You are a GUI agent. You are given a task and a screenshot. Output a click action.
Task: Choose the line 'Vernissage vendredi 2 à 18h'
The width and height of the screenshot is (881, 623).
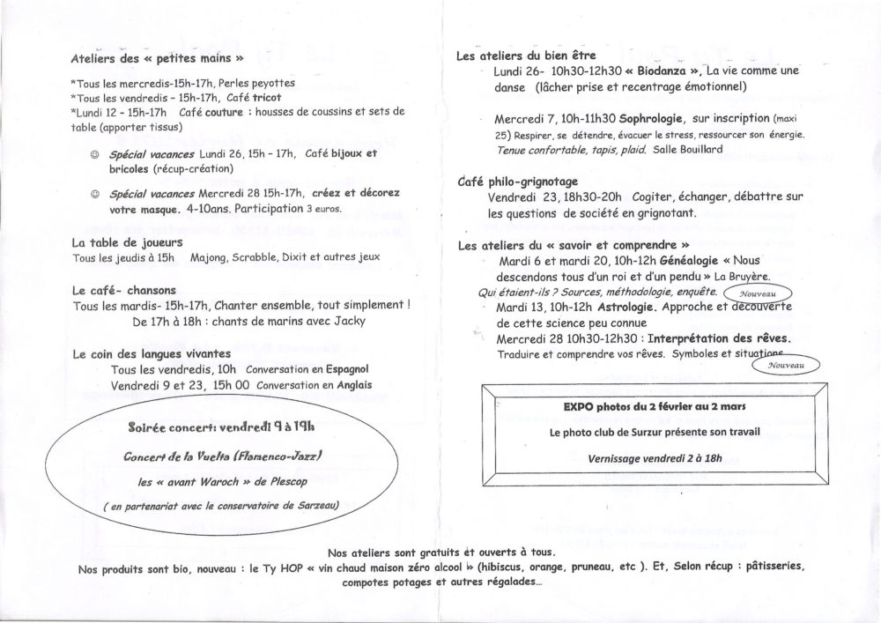(654, 459)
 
